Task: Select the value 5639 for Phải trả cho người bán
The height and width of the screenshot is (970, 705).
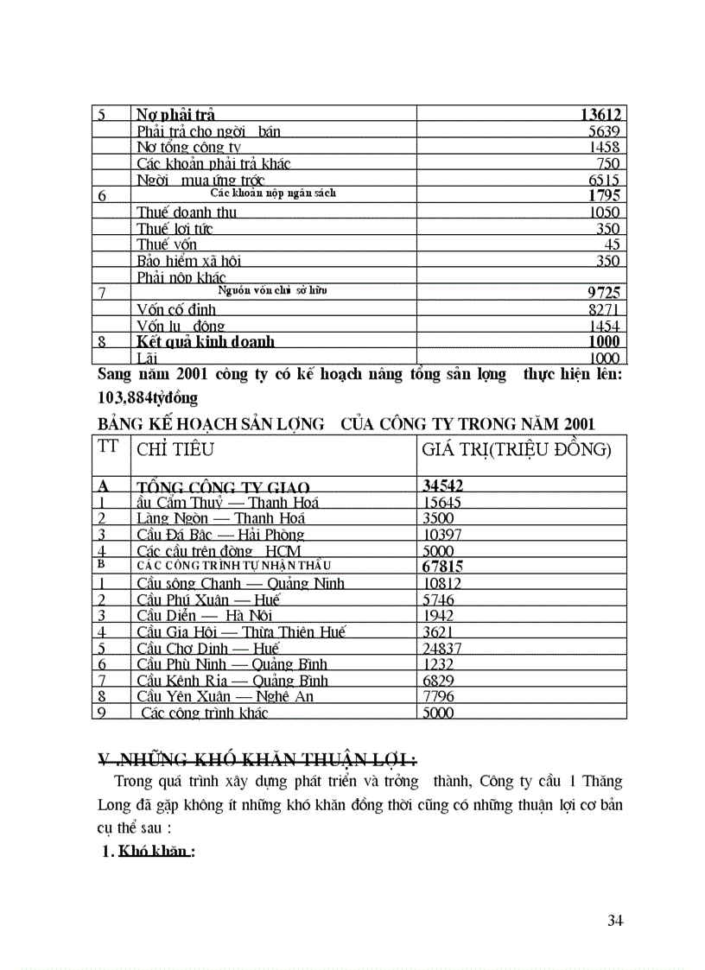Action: (x=602, y=131)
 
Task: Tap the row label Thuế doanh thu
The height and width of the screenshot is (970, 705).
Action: (x=187, y=212)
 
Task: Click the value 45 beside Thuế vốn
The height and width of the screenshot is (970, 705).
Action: (x=612, y=244)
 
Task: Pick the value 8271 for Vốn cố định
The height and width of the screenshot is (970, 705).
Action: (x=603, y=309)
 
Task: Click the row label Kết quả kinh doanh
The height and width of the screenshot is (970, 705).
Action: (x=205, y=341)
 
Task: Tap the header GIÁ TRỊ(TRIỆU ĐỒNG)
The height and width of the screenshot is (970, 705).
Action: (x=517, y=450)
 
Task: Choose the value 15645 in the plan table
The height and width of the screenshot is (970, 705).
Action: (x=441, y=503)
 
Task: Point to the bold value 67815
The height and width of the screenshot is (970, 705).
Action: (x=443, y=567)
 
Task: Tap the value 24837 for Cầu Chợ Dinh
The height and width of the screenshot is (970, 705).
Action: (x=441, y=648)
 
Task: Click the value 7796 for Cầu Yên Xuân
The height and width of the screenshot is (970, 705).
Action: (x=438, y=696)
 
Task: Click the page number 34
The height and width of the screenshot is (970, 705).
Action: (x=615, y=920)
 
